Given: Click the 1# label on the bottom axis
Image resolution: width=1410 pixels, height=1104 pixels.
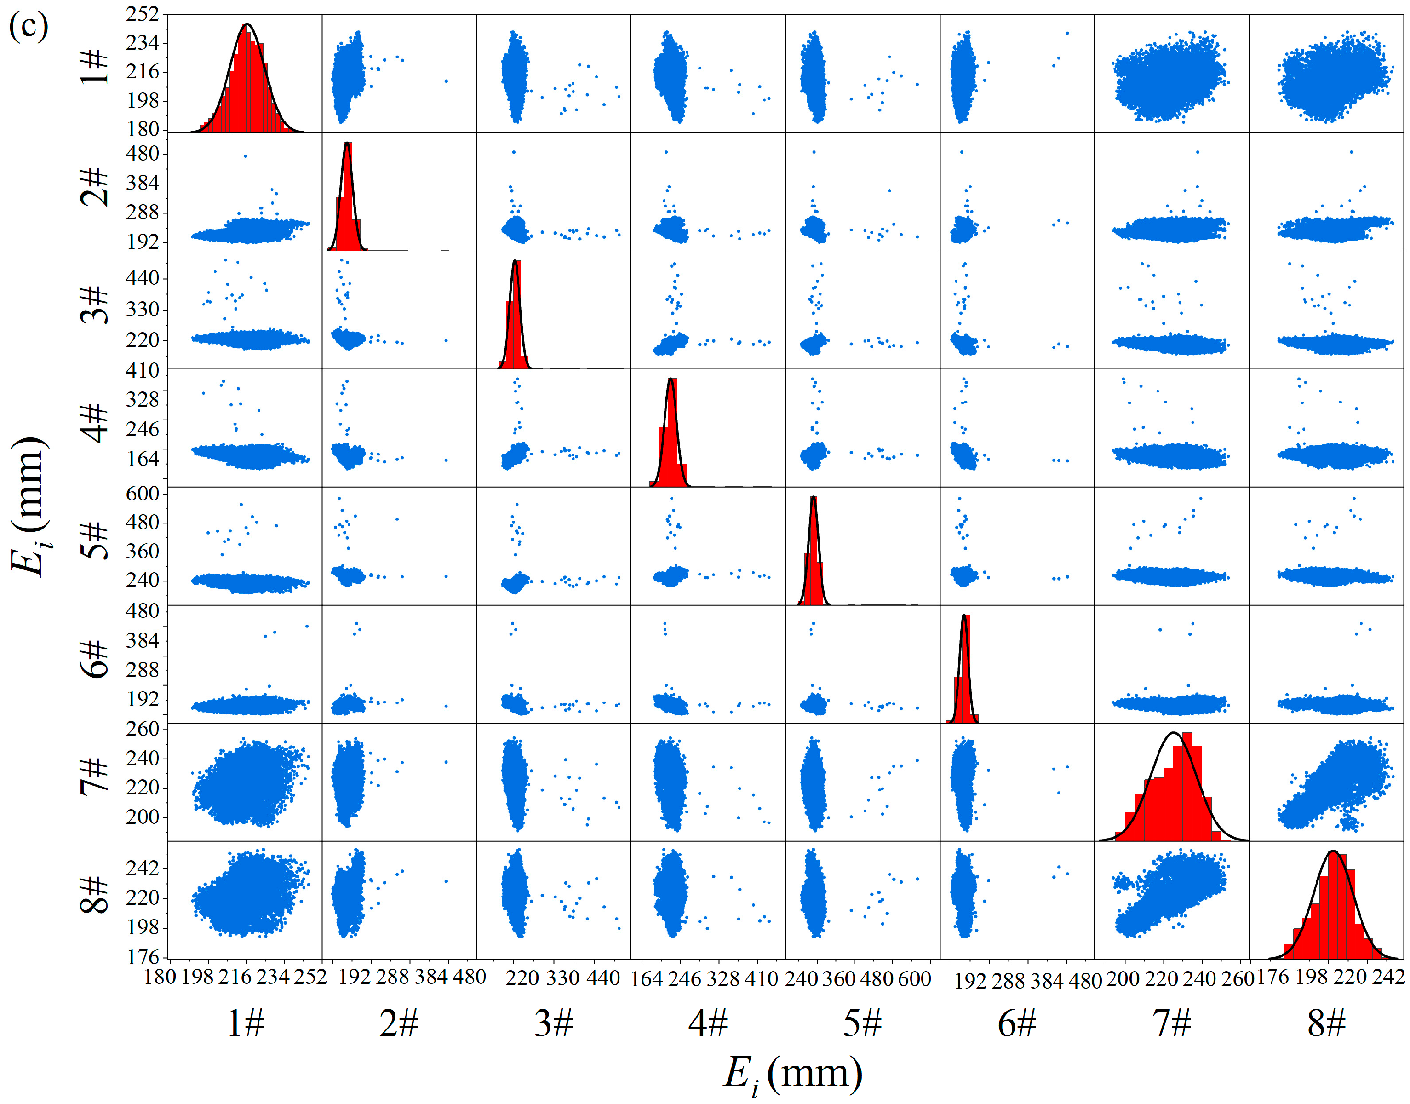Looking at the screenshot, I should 246,1023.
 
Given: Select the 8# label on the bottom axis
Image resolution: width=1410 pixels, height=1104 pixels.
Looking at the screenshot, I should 1326,1023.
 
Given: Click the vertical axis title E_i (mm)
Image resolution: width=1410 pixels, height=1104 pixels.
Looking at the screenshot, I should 29,507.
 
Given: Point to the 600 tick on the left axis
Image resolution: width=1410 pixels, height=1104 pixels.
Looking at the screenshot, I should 142,494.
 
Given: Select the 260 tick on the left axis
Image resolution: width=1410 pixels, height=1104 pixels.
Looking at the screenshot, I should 142,729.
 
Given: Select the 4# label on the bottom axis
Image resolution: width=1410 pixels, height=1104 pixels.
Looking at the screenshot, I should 708,1023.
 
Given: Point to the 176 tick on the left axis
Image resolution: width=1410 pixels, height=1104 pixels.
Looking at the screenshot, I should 142,957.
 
